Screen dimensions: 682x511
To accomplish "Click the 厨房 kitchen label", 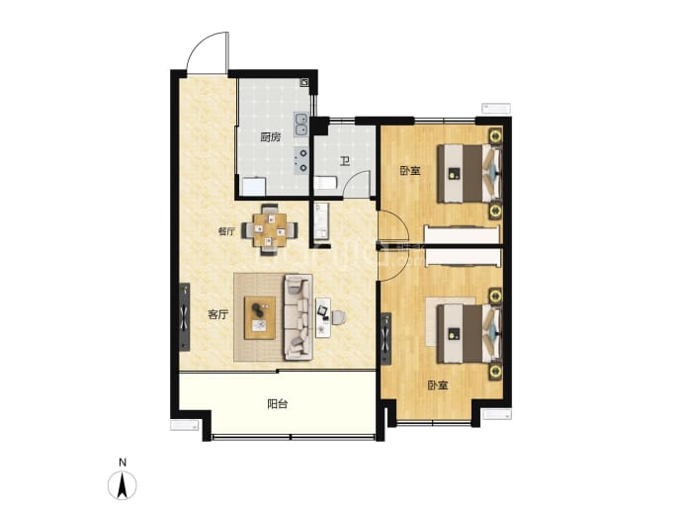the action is click(271, 137).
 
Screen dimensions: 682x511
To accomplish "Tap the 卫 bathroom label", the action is click(345, 162).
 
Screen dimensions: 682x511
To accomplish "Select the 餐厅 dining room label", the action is click(226, 231).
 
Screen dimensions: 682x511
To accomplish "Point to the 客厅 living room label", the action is click(217, 314).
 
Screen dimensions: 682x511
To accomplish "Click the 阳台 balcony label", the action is click(277, 404).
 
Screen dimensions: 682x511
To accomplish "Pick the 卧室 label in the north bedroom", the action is click(410, 170).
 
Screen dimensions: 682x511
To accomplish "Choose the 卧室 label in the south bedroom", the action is click(438, 385).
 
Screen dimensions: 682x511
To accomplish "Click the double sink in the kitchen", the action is click(300, 124).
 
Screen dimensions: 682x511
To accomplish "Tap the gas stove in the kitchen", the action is click(301, 160).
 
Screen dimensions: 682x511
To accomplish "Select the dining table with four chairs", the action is click(270, 229).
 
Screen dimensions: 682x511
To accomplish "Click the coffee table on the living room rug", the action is click(260, 318).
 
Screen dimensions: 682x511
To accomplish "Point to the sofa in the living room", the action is click(298, 317).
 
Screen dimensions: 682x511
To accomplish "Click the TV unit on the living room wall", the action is click(185, 317).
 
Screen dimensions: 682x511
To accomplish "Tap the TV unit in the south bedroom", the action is click(385, 339).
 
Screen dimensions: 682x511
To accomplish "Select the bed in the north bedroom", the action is click(470, 174).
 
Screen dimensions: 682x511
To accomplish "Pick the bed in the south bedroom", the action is click(470, 333).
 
